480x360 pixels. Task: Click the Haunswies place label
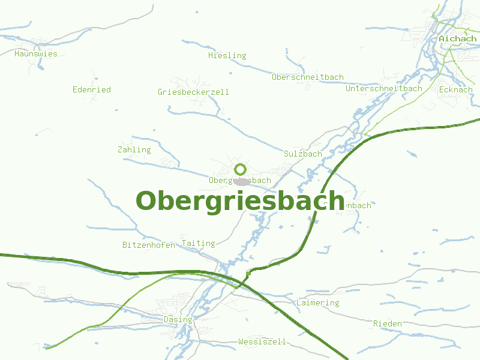click(x=36, y=53)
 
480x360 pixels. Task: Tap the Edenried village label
click(x=92, y=89)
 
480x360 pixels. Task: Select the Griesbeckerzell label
click(x=193, y=92)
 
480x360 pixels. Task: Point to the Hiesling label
click(x=227, y=55)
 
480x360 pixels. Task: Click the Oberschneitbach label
click(x=308, y=77)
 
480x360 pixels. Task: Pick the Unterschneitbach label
click(x=384, y=88)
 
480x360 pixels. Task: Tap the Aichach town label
click(x=458, y=39)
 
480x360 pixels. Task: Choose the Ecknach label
click(x=456, y=89)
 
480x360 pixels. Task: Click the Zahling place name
click(x=134, y=149)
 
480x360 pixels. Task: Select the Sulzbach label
click(x=303, y=154)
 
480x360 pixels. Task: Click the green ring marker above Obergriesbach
click(x=241, y=169)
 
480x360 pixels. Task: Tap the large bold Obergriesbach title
click(x=240, y=200)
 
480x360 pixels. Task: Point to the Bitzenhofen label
click(x=149, y=245)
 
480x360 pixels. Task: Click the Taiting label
click(x=198, y=243)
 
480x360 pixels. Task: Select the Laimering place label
click(x=318, y=302)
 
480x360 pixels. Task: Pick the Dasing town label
click(x=178, y=319)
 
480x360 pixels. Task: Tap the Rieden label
click(x=388, y=323)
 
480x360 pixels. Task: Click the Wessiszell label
click(x=262, y=341)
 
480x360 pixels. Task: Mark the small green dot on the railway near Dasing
click(x=248, y=274)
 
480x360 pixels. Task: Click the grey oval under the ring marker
click(x=242, y=181)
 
